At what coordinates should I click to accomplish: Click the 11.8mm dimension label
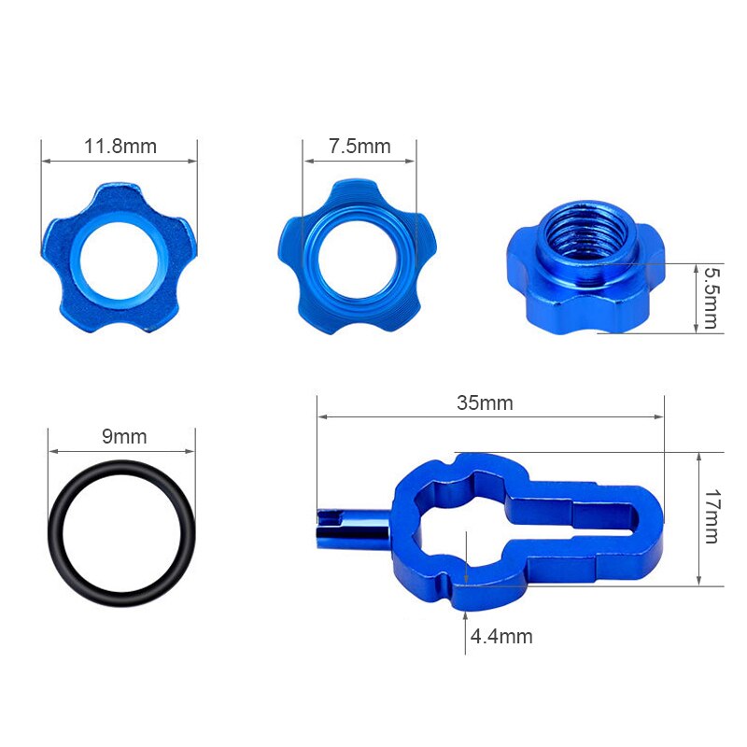120,147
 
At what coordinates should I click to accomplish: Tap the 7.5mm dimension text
359,147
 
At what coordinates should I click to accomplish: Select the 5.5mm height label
711,298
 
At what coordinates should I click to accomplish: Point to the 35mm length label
485,402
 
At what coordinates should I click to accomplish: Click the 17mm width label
712,516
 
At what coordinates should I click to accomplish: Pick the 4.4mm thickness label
501,636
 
